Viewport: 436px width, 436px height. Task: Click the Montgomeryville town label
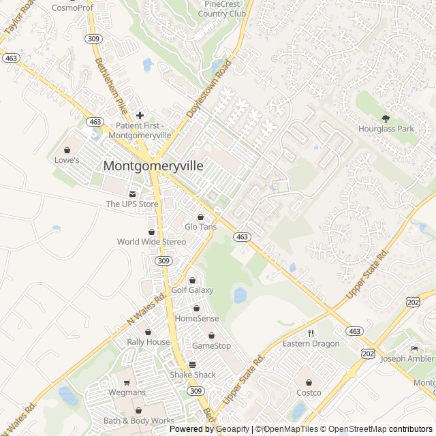(x=153, y=166)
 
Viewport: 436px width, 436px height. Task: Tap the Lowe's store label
(x=67, y=160)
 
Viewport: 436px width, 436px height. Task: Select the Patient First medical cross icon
(x=140, y=115)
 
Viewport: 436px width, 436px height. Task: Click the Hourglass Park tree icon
(x=386, y=119)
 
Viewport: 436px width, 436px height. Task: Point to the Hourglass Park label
(x=386, y=129)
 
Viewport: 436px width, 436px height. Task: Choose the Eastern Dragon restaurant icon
(x=311, y=333)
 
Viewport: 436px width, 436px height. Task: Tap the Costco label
(x=309, y=392)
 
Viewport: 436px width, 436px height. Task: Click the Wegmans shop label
(x=127, y=392)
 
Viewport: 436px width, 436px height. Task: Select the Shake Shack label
(x=193, y=375)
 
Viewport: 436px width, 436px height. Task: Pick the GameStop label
(x=211, y=345)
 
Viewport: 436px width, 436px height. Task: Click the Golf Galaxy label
(x=192, y=290)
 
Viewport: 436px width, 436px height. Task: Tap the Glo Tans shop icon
(x=200, y=216)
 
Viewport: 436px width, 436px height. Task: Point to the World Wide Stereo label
(x=151, y=242)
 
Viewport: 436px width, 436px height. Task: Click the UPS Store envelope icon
(x=132, y=194)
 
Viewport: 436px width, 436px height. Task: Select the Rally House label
(x=149, y=342)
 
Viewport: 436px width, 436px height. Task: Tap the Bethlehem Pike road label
(x=111, y=86)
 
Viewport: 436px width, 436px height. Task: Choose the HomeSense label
(x=197, y=318)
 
